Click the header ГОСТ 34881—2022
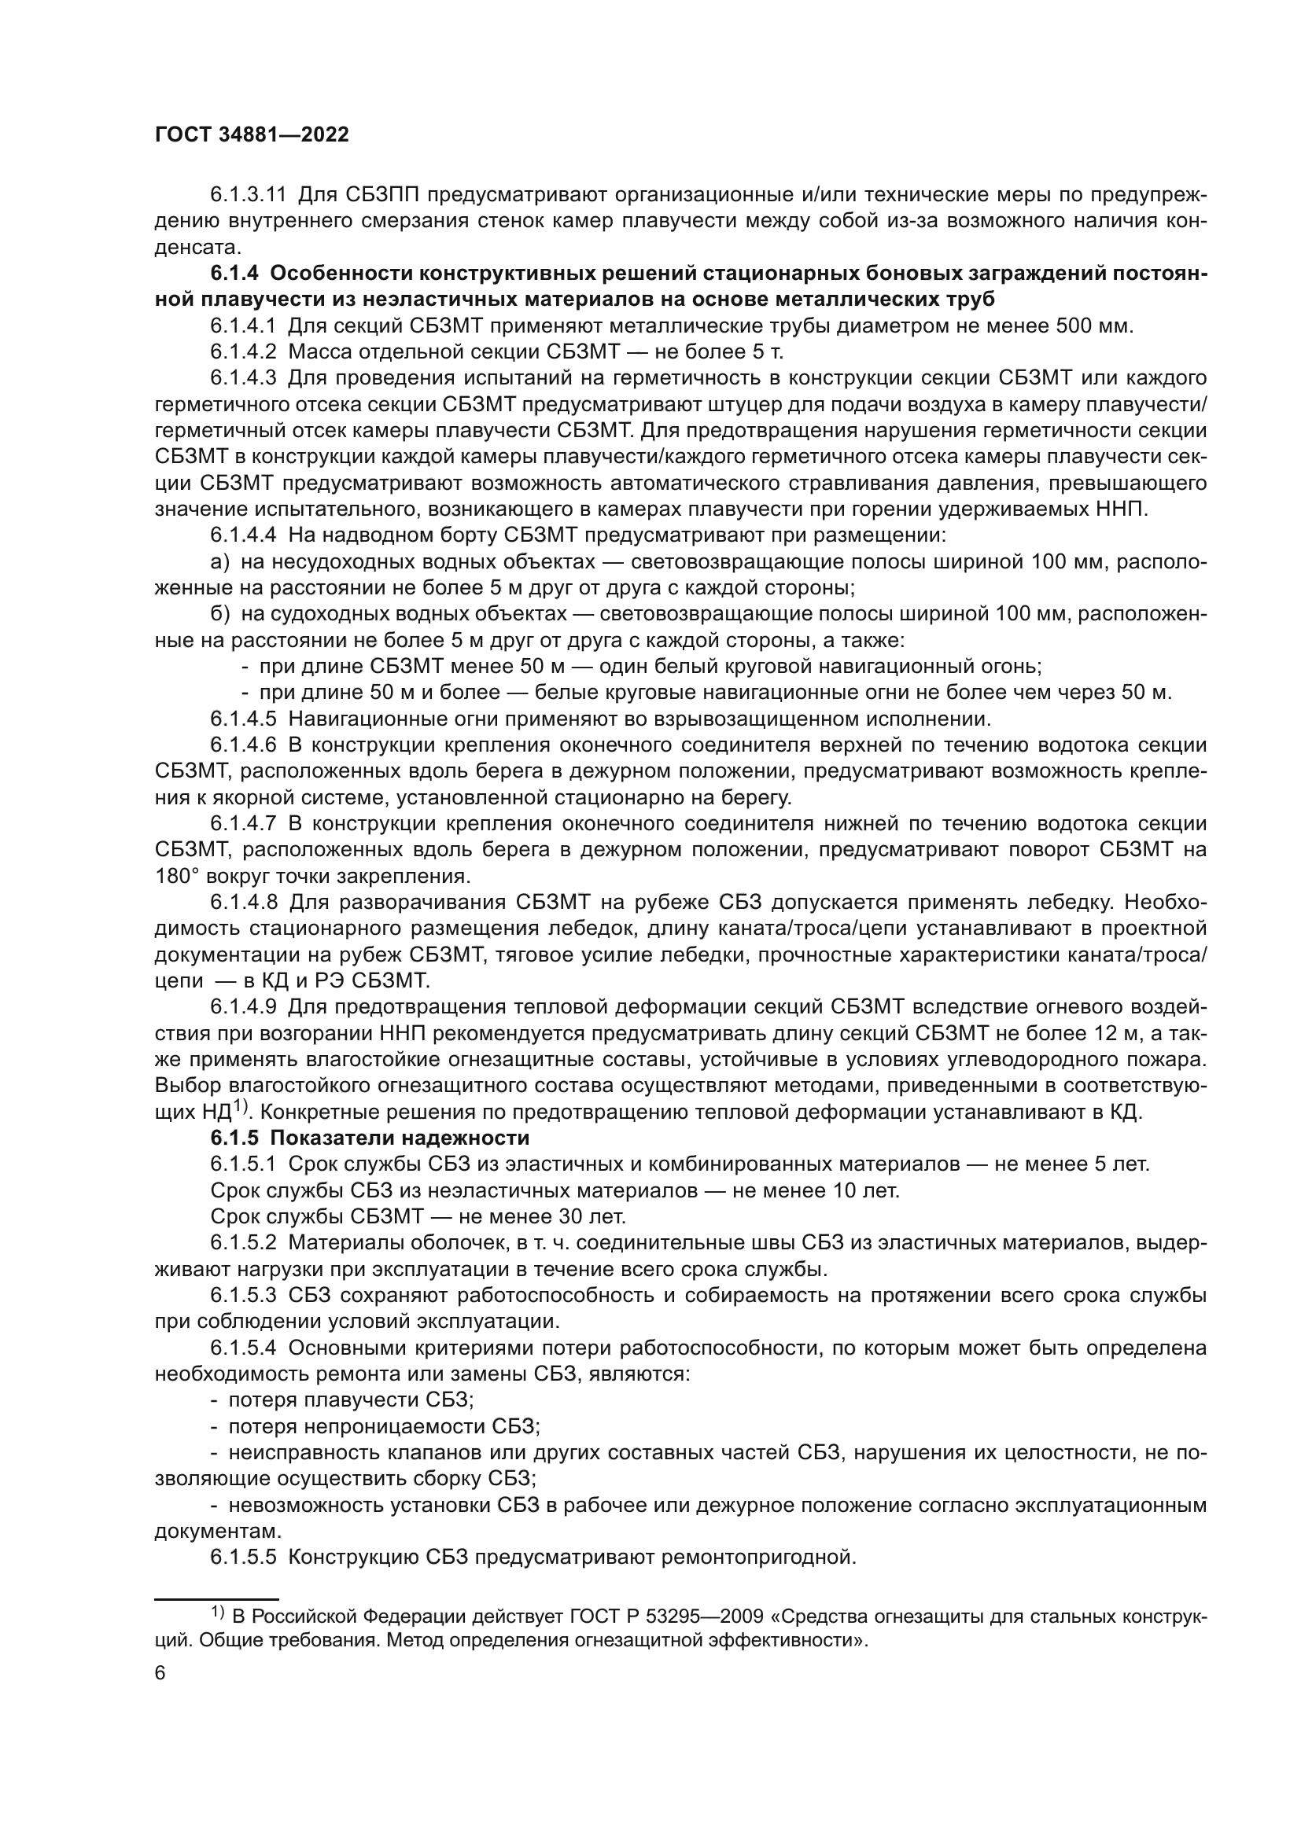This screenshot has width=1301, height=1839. (252, 135)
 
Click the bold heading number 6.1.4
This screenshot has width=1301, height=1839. (234, 273)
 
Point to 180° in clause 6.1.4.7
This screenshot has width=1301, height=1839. (175, 876)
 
